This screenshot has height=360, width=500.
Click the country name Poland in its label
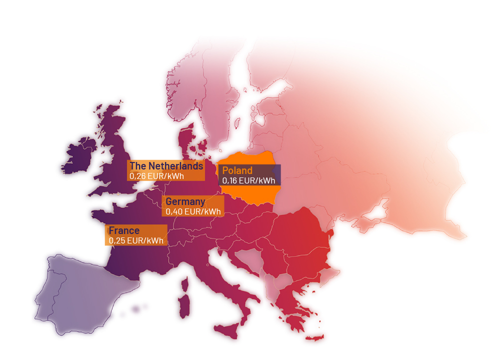click(237, 170)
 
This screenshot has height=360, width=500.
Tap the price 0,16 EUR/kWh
click(248, 180)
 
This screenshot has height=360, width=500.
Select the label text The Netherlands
click(166, 166)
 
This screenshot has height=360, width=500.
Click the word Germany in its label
click(185, 201)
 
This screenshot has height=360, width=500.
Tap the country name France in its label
click(124, 230)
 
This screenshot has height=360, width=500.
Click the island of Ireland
click(80, 155)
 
